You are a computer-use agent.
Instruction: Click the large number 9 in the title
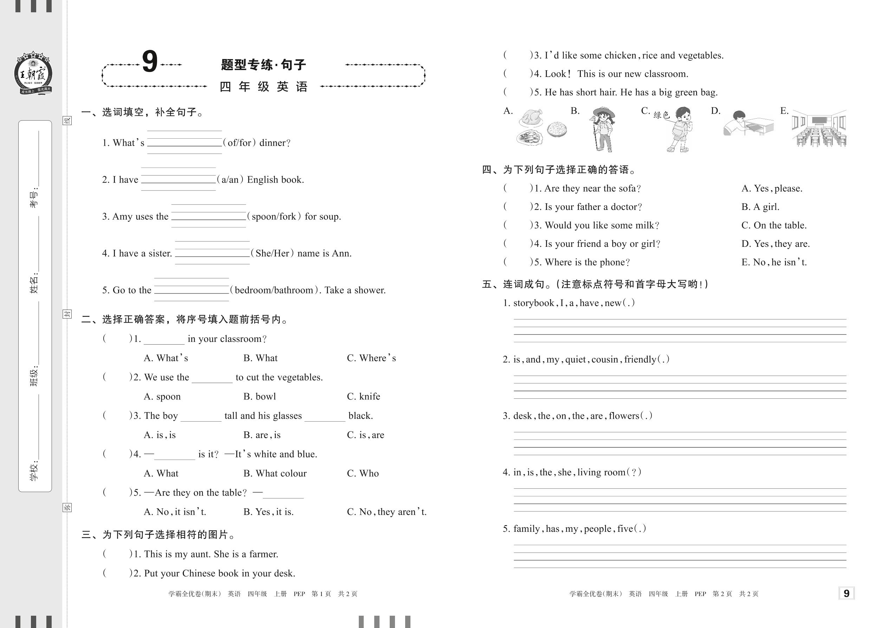[x=150, y=62]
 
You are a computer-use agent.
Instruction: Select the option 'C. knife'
[x=363, y=396]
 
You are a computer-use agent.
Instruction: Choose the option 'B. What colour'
[x=275, y=473]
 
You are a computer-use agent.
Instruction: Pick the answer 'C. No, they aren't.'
[x=386, y=512]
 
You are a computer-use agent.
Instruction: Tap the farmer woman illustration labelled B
[x=603, y=129]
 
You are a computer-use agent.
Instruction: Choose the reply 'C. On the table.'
[x=774, y=225]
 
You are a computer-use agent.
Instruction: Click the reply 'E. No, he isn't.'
[x=774, y=262]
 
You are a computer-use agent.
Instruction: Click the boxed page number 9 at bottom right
[x=846, y=593]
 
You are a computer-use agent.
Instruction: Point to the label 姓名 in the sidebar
[x=34, y=283]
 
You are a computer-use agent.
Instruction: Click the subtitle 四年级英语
[x=264, y=87]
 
